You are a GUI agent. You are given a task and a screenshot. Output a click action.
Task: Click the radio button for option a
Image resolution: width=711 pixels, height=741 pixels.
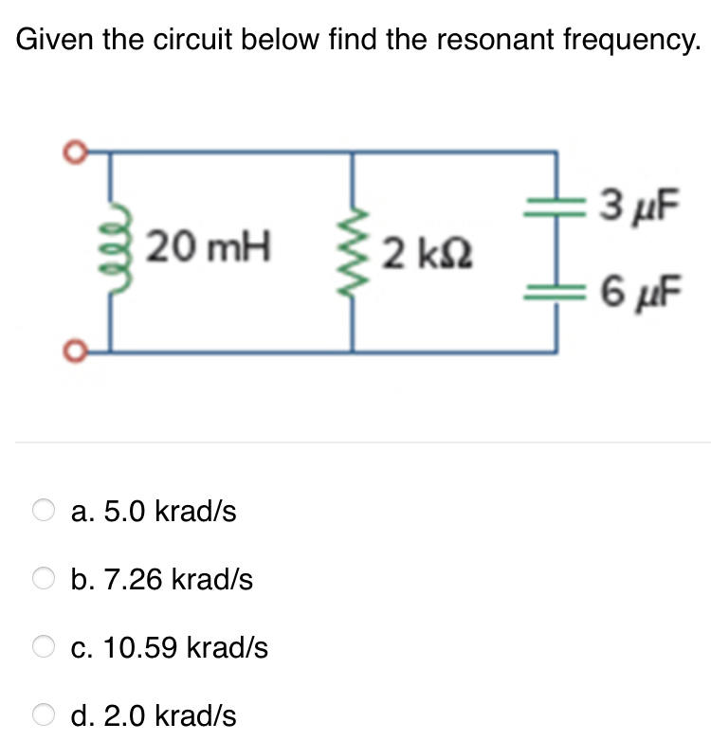pos(45,512)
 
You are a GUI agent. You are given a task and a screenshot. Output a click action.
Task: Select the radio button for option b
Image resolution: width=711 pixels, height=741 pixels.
pos(45,579)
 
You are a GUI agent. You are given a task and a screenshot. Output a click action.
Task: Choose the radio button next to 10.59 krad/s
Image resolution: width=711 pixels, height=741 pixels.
pos(45,647)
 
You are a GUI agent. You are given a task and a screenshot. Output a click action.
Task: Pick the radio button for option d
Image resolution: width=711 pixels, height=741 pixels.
pos(45,715)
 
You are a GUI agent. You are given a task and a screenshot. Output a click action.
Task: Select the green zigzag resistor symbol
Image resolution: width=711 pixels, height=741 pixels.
pos(355,254)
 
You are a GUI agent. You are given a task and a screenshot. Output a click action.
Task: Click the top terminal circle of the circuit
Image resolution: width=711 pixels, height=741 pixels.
pos(71,152)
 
